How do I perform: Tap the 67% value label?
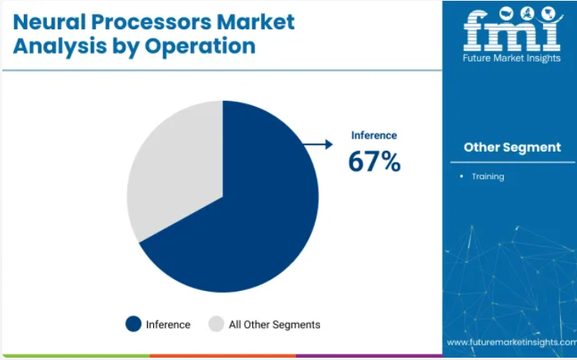click(374, 162)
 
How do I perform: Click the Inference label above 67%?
click(374, 135)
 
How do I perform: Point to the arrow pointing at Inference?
click(319, 145)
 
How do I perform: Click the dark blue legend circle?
click(133, 324)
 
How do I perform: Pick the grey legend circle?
click(216, 324)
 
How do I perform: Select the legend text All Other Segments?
click(275, 325)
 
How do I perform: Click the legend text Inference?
click(168, 325)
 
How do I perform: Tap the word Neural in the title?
click(49, 22)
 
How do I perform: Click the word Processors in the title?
click(151, 22)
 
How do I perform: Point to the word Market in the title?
click(255, 22)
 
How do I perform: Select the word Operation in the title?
click(200, 46)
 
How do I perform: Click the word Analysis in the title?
click(60, 47)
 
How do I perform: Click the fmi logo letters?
click(512, 31)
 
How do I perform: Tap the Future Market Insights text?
click(512, 58)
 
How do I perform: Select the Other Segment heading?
click(512, 147)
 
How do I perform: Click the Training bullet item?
click(488, 177)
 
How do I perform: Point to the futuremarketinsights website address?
click(512, 342)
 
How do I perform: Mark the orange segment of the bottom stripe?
click(222, 356)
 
